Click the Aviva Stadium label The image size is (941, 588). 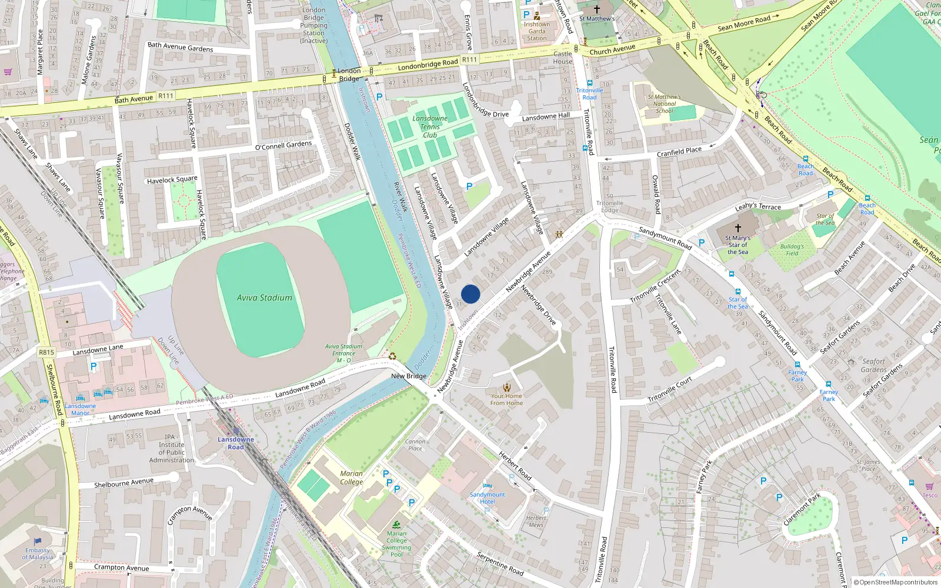click(x=265, y=298)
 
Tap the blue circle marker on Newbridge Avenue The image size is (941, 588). click(x=470, y=294)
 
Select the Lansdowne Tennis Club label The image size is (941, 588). click(x=430, y=126)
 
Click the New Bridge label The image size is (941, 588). click(x=409, y=376)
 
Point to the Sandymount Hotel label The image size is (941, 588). click(x=488, y=498)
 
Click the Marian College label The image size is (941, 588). click(x=351, y=477)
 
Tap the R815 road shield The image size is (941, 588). click(x=46, y=352)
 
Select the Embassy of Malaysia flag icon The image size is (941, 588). click(x=38, y=541)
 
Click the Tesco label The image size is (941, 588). click(x=930, y=495)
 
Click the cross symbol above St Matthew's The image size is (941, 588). click(x=597, y=9)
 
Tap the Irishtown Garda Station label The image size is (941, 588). click(x=536, y=31)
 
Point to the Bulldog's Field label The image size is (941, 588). click(x=792, y=250)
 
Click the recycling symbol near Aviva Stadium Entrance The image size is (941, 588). click(x=392, y=356)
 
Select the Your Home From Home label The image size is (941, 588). click(x=506, y=399)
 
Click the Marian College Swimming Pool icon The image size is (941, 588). click(x=396, y=524)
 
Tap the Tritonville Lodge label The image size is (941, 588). click(x=610, y=206)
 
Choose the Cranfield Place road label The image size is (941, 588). click(x=679, y=152)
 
